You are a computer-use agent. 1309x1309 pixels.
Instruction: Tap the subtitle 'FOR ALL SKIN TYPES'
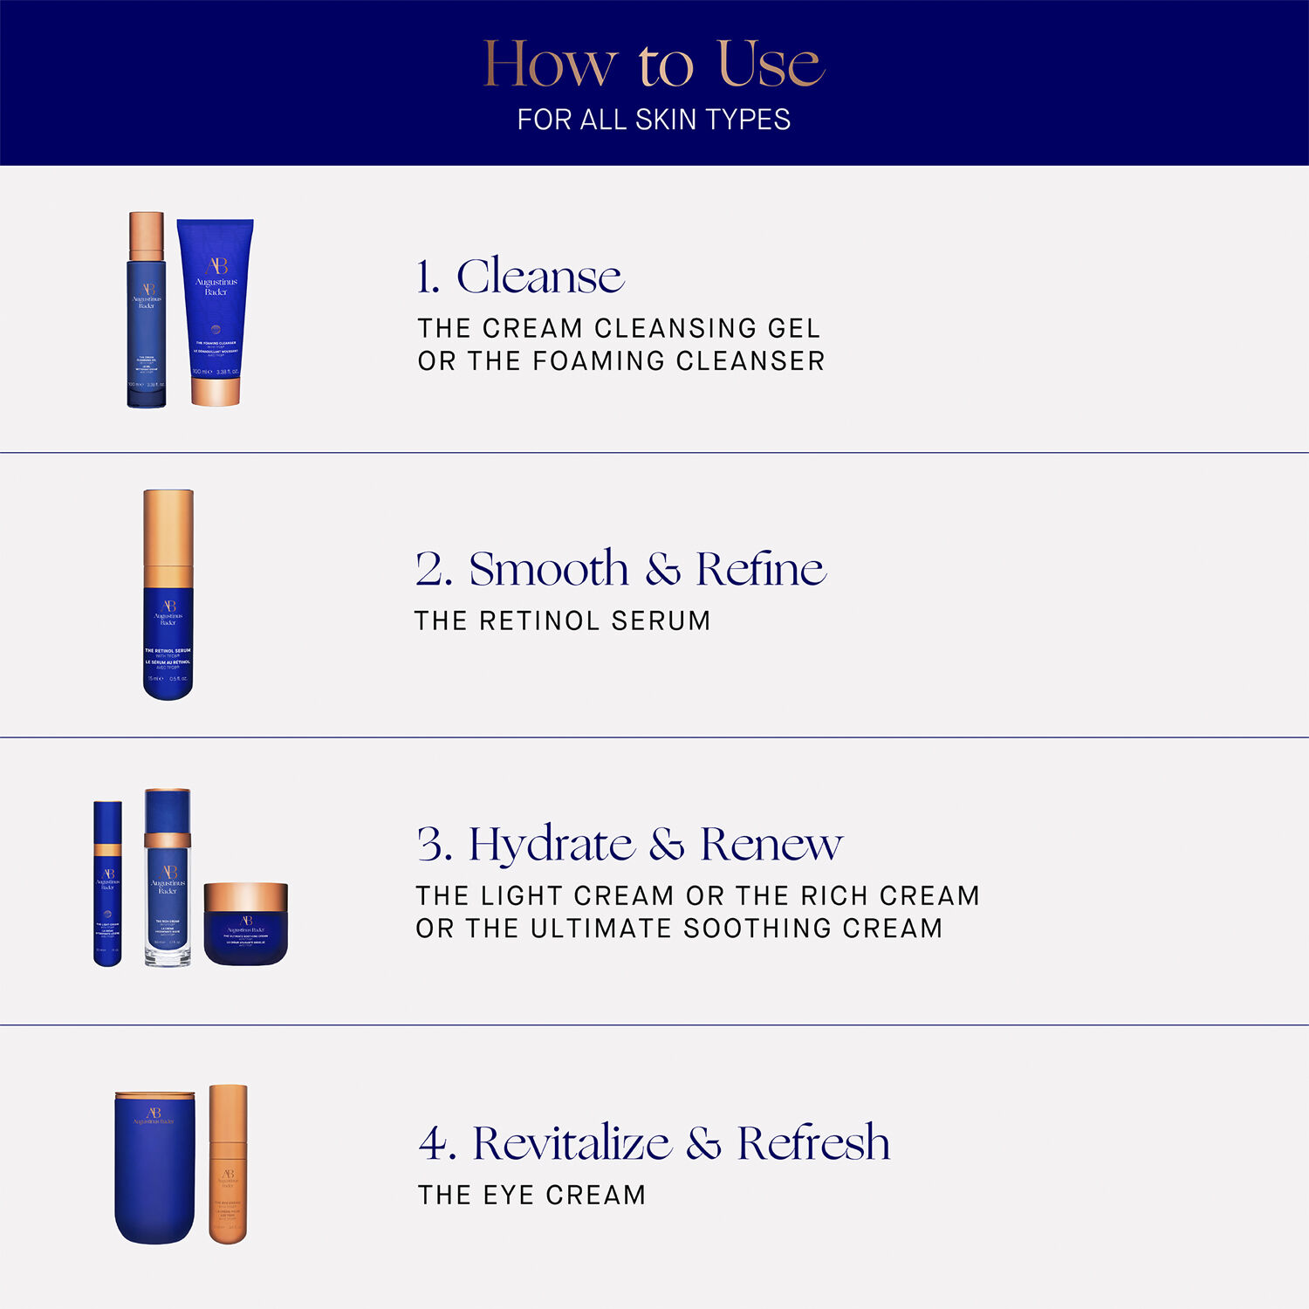tap(654, 120)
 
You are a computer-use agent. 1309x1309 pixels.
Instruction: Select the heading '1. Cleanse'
tap(520, 277)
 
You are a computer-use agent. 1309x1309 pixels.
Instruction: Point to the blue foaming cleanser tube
tap(216, 297)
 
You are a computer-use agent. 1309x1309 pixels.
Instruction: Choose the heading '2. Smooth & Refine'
tap(620, 569)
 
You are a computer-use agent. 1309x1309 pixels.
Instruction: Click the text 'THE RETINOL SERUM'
tap(562, 620)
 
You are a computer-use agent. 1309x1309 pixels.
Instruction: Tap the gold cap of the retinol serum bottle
tap(168, 537)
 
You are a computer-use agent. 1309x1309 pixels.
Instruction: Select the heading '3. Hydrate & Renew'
tap(629, 844)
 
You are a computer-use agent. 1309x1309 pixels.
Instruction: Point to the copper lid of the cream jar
tap(246, 897)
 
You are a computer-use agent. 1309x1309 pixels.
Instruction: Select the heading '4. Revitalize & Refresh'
tap(654, 1143)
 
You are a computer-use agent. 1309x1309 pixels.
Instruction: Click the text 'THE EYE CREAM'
tap(531, 1195)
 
